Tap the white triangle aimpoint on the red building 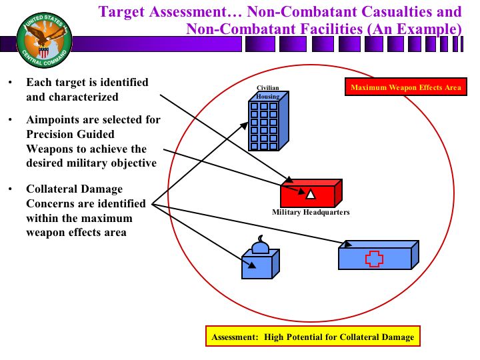[x=310, y=195]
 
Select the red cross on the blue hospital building [x=374, y=258]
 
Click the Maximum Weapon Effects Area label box [x=405, y=88]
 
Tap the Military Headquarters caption [x=311, y=213]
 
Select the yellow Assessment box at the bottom [x=313, y=337]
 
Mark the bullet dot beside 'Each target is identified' [x=10, y=83]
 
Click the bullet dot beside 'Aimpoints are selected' [x=10, y=121]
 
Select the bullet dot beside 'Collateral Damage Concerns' [x=10, y=189]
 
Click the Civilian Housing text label [x=268, y=92]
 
